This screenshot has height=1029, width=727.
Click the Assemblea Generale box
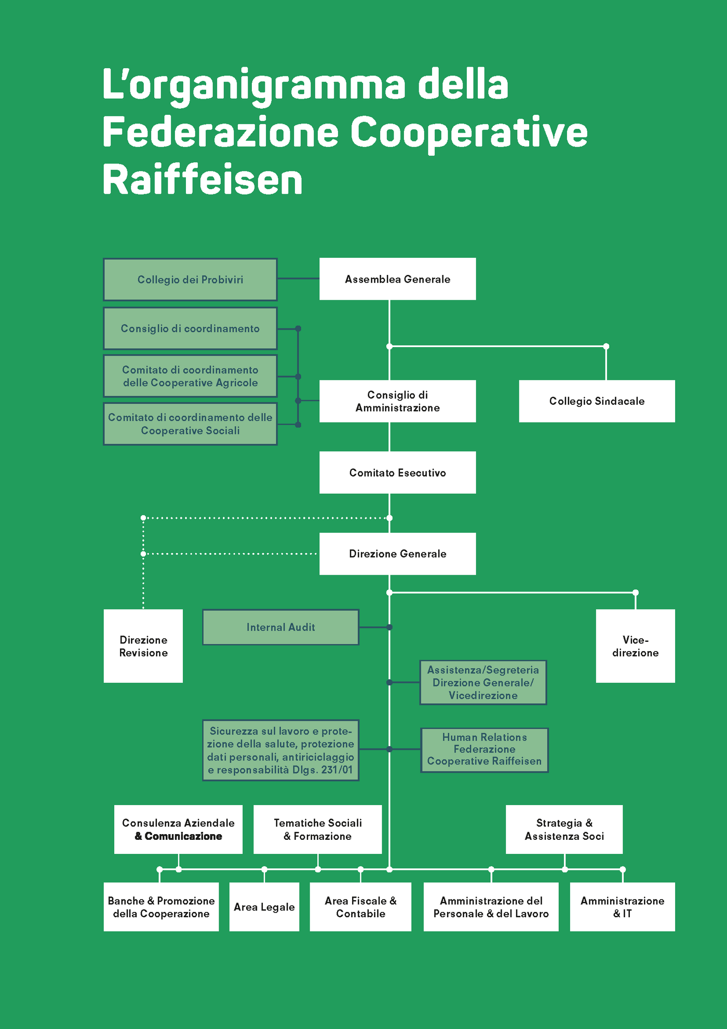click(x=397, y=279)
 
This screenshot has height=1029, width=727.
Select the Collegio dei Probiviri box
click(x=190, y=280)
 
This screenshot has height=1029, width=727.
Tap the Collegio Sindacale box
click(x=597, y=401)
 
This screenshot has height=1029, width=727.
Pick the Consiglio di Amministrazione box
click(x=397, y=401)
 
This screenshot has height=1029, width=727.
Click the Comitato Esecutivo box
click(x=397, y=472)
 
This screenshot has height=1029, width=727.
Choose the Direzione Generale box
click(x=397, y=553)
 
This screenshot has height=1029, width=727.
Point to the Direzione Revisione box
click(x=143, y=646)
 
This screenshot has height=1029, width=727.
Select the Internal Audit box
click(x=280, y=627)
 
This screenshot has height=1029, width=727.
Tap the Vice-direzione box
click(x=635, y=646)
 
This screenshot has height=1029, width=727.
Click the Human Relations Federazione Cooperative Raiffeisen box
click(x=484, y=749)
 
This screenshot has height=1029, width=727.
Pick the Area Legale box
click(x=264, y=907)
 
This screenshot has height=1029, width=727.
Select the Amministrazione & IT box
click(x=622, y=907)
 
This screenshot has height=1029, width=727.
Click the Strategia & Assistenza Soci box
click(x=564, y=829)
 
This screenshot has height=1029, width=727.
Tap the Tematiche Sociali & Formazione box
click(x=317, y=829)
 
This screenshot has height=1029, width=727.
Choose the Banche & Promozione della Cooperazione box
click(x=161, y=907)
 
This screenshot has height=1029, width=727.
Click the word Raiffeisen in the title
click(x=203, y=180)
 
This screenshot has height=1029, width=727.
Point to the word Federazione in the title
click(x=221, y=132)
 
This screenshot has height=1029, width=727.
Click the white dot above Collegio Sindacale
click(x=606, y=346)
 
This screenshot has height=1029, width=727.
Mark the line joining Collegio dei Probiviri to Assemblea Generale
click(x=298, y=279)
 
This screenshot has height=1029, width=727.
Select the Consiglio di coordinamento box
click(x=190, y=328)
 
